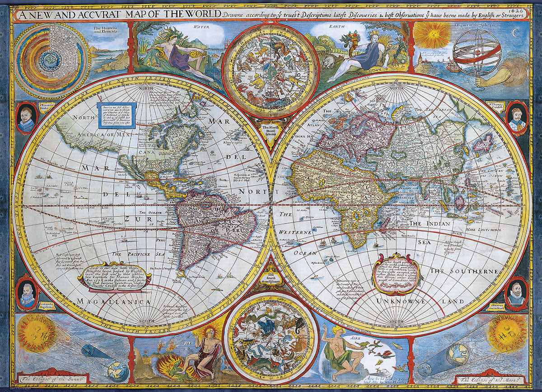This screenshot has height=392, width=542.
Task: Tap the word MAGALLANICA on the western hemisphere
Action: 113,301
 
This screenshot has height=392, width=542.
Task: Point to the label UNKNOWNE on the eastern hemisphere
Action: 397,301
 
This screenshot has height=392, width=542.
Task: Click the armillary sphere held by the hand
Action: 477,53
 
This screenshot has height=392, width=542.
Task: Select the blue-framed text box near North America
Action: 117,116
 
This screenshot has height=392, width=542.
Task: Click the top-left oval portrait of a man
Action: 26,118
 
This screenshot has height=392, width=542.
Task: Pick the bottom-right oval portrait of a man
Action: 516,294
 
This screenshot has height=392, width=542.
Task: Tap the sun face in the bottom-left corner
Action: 36,333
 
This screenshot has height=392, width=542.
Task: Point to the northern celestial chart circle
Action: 271,71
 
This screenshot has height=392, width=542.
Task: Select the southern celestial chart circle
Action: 271,338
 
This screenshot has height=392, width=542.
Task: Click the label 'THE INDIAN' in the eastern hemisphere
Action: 430,224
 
